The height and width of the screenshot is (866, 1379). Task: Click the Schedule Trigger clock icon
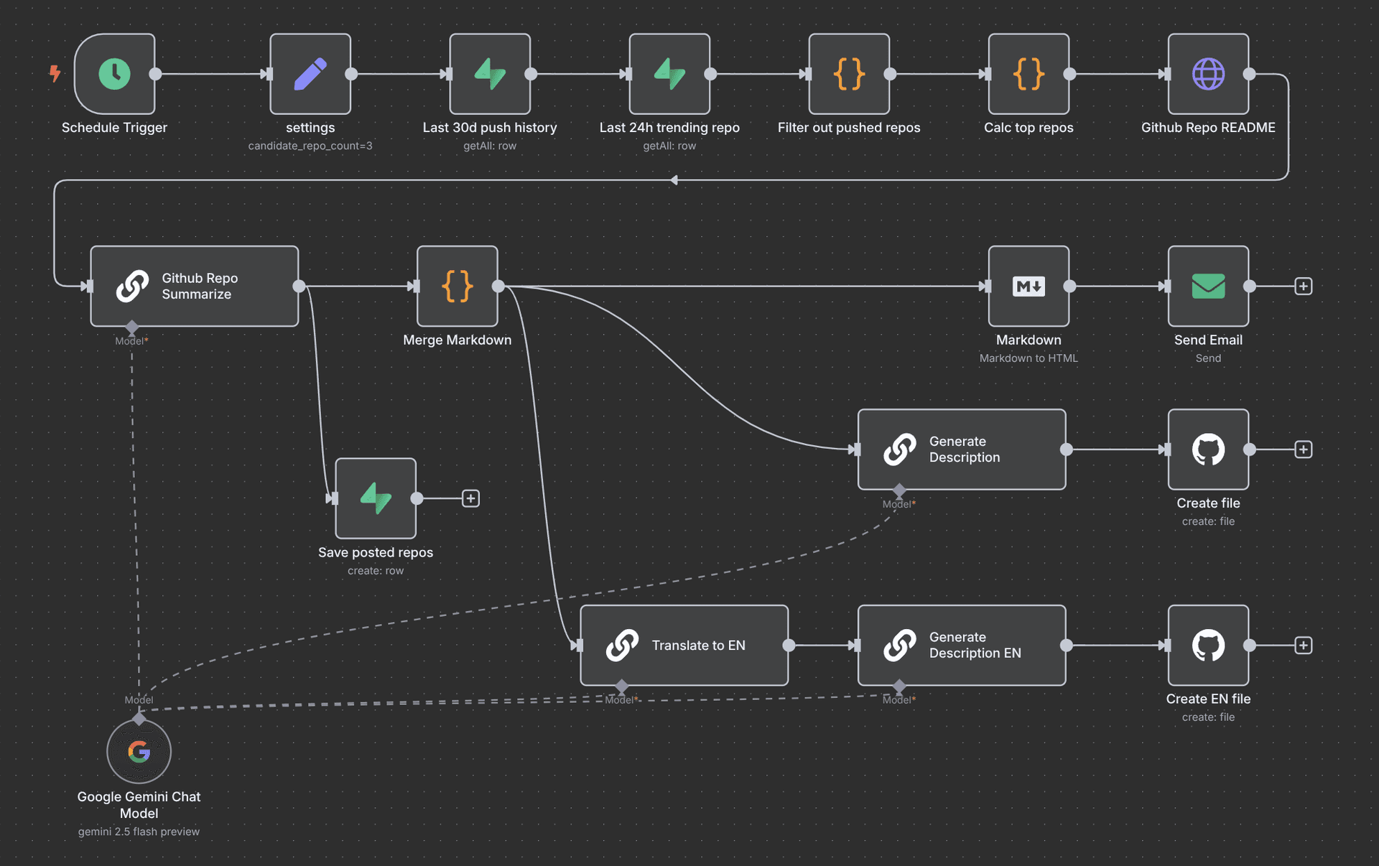(114, 74)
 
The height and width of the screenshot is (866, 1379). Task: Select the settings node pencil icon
(310, 74)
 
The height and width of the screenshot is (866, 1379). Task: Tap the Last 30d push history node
(490, 74)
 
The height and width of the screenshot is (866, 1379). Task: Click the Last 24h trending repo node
(669, 74)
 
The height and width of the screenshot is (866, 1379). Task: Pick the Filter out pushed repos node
(849, 74)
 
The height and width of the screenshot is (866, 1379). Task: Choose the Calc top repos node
(1029, 74)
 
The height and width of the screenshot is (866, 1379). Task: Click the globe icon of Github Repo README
(1208, 74)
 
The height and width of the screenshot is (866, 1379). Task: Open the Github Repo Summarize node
(195, 287)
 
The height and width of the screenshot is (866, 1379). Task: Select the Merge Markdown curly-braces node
(458, 287)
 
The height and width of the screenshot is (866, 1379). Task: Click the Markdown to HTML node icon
(1029, 287)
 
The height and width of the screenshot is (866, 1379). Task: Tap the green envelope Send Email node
(1208, 287)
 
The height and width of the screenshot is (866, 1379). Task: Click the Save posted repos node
(376, 498)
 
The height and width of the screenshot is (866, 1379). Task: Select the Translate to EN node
(684, 646)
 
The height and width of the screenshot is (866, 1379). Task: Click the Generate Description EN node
(962, 646)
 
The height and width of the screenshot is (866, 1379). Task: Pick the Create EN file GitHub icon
(1208, 646)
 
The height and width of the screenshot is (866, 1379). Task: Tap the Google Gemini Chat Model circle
(139, 752)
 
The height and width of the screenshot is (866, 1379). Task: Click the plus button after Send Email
(1304, 287)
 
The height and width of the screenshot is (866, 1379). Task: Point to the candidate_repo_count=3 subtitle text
(310, 146)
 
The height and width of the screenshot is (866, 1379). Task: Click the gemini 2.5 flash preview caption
(139, 832)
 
